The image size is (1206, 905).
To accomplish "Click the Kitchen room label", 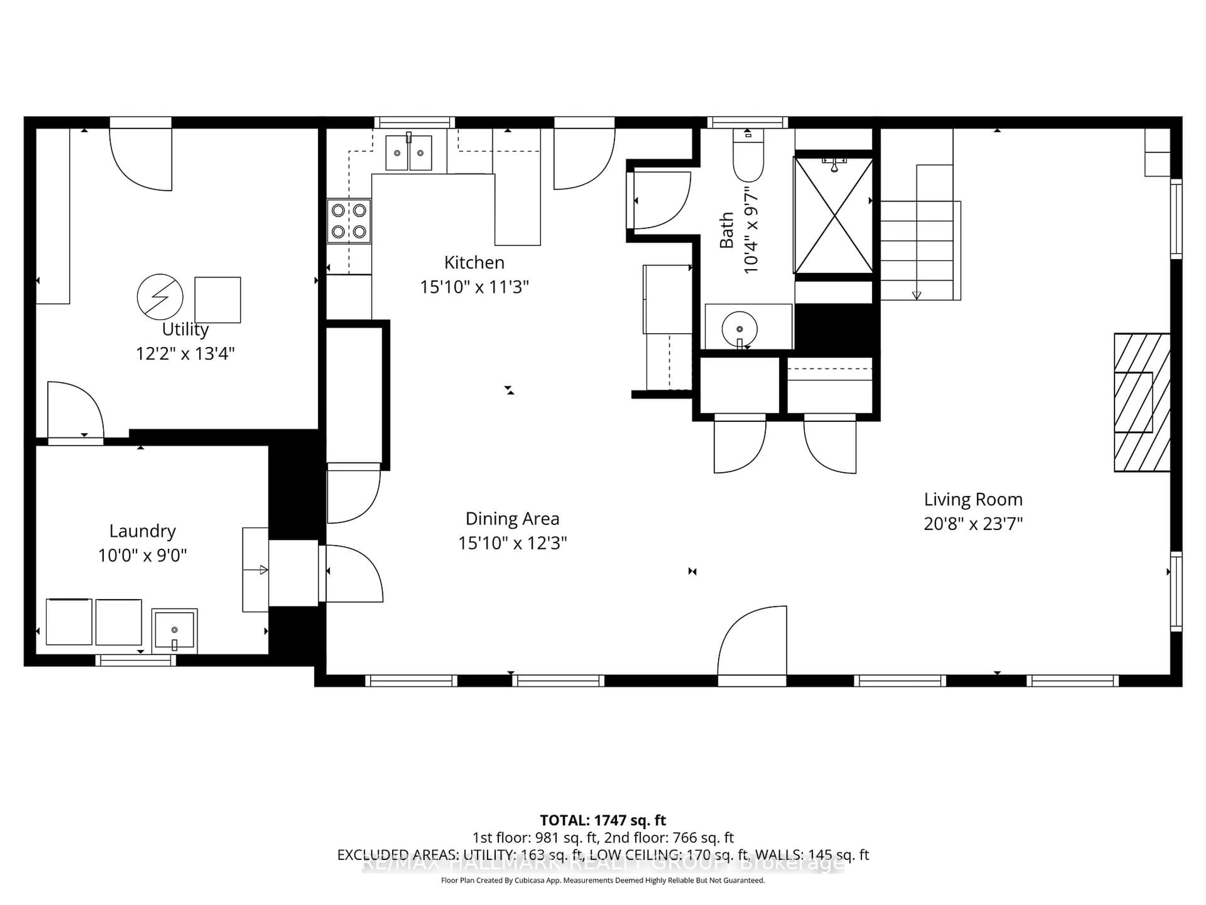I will click(474, 262).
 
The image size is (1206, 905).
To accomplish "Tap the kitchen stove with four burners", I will click(349, 221).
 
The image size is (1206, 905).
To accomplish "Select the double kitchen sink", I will click(408, 153).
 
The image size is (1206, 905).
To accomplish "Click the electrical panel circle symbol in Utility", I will click(160, 297).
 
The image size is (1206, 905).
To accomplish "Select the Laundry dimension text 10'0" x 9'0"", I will click(142, 555).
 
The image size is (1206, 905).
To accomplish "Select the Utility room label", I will click(185, 330).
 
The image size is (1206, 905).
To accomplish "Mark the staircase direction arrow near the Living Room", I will click(916, 294).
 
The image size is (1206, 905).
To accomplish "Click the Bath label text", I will click(726, 230).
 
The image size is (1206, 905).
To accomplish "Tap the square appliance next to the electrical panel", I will click(218, 299).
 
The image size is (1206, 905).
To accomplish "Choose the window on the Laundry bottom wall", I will click(136, 660).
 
